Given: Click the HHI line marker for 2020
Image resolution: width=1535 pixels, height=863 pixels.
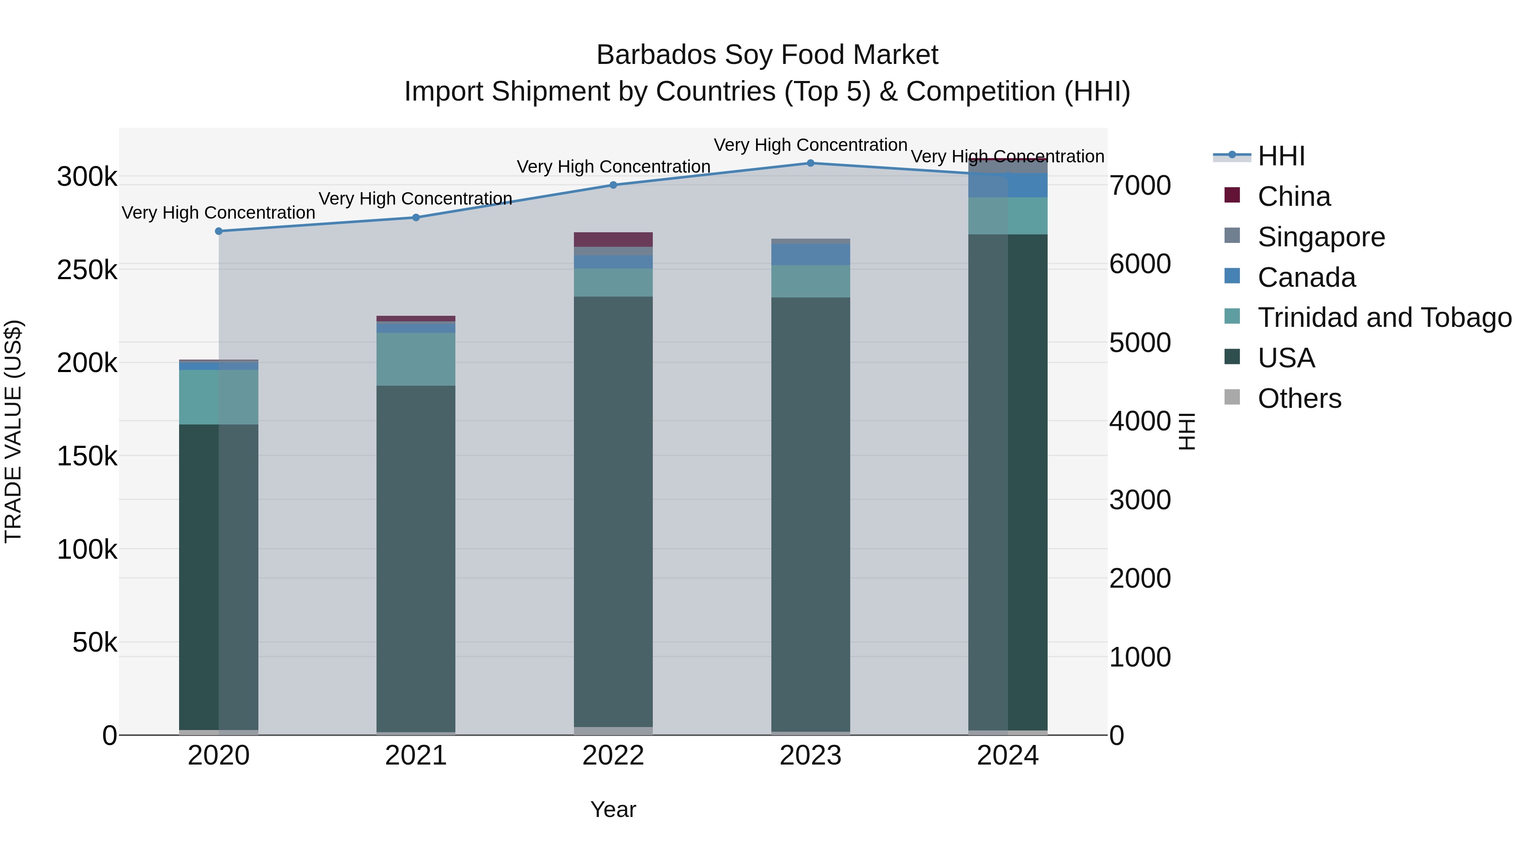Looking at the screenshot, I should [x=219, y=231].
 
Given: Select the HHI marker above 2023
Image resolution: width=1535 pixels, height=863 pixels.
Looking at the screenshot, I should [x=811, y=163].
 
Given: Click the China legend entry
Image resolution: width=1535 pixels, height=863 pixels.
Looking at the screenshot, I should [x=1294, y=196].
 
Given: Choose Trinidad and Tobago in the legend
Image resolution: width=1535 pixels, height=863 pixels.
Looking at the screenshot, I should [x=1384, y=317].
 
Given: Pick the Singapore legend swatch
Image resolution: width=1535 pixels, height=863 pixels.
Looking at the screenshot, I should [x=1232, y=236].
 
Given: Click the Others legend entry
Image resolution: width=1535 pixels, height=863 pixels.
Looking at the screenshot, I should [x=1299, y=398].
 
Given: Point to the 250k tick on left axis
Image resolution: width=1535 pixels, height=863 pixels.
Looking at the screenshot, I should [x=87, y=270].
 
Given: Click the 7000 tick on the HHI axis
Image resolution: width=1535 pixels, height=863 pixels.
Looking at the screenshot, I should [x=1139, y=185].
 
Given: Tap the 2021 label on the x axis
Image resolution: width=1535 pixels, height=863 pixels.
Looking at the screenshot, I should [x=415, y=756].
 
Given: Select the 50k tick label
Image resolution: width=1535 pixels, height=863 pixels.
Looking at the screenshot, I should [x=94, y=643].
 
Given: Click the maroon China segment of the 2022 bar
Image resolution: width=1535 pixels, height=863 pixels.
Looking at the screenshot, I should [x=613, y=240].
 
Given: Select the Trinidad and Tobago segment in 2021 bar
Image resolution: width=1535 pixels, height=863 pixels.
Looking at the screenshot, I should [x=415, y=359].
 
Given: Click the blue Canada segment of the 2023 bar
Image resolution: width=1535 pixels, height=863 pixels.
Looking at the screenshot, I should [x=811, y=254].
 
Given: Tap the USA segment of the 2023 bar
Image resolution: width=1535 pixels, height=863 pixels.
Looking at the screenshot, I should [x=811, y=512].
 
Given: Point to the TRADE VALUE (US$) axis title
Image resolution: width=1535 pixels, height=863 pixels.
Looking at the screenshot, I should [x=13, y=431].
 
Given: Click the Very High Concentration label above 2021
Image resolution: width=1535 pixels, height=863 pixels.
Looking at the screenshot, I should [x=415, y=198].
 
